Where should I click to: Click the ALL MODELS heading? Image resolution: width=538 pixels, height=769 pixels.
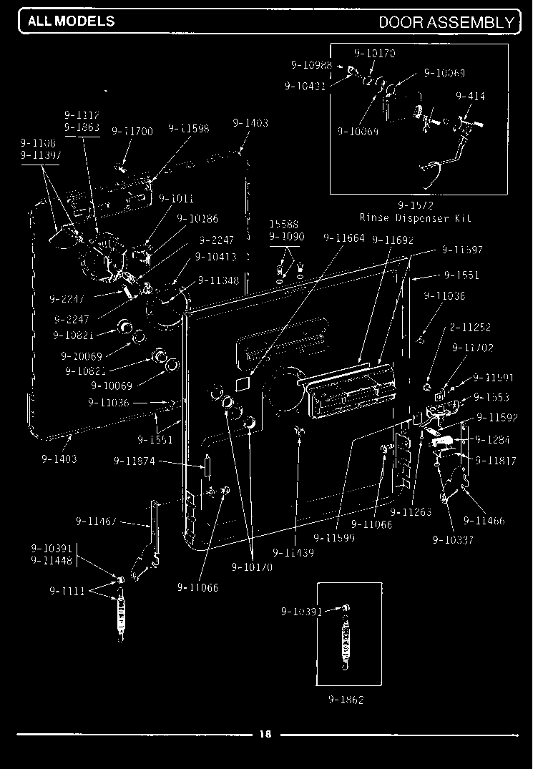tap(71, 21)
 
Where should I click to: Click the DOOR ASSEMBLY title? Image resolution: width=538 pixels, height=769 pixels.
tap(446, 22)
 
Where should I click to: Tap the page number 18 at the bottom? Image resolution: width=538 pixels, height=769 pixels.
tap(265, 734)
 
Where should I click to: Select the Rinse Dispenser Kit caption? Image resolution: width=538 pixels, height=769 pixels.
tap(415, 218)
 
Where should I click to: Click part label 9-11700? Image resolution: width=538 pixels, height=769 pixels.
tap(132, 131)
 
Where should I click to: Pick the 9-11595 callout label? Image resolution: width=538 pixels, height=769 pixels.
tap(189, 129)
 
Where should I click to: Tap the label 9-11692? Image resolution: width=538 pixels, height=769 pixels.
tap(393, 240)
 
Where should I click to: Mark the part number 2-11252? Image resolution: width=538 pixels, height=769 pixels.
tap(470, 328)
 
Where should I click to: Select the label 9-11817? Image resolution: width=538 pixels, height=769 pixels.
tap(494, 461)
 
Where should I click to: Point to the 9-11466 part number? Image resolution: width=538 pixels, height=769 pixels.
tap(484, 521)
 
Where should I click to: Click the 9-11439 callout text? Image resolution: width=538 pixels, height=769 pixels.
tap(293, 552)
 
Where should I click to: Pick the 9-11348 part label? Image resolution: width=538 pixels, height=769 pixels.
tap(218, 280)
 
